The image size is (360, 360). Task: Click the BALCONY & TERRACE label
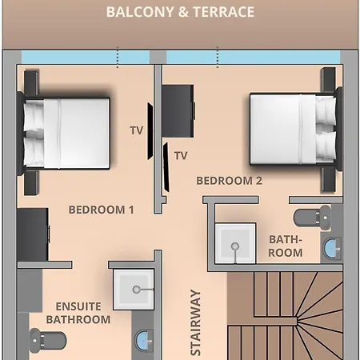pos(180,12)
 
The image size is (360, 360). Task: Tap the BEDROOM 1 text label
pos(102,210)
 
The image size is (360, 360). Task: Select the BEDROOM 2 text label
pos(229,181)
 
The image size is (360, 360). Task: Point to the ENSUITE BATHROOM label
pos(78,313)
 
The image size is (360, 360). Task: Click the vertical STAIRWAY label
pos(195,322)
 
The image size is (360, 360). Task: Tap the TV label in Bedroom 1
pos(137,130)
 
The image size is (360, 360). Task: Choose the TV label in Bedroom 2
pos(181,155)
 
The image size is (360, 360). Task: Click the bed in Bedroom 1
pos(63,133)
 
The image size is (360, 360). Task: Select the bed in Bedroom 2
pos(295,129)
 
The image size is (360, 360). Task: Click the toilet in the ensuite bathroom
pos(47,340)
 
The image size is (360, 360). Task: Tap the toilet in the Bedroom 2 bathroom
pos(312,218)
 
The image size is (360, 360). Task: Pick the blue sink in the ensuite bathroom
pos(144,341)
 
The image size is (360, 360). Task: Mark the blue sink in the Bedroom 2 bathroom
pos(332,248)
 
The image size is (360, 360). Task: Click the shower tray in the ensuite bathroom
pos(134,290)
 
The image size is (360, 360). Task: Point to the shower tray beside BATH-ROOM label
pos(235,243)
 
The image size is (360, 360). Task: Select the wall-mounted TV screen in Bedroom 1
pos(150,131)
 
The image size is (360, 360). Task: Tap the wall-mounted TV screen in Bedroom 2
pos(166,167)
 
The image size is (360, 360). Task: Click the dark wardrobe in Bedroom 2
pos(178,111)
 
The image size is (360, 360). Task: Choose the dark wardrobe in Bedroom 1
pos(33,234)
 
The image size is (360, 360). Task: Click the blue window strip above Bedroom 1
pos(86,57)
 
